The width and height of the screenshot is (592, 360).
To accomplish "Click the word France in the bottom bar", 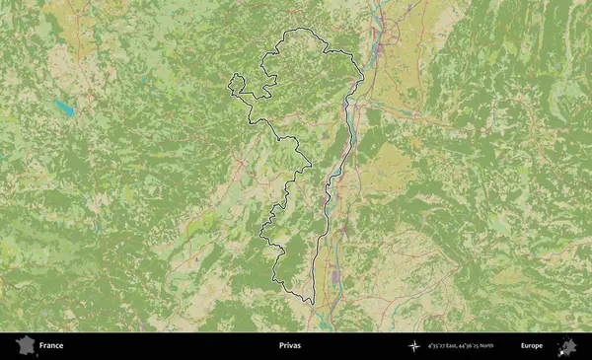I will click(51, 346).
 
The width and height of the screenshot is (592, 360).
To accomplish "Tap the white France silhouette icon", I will click(24, 346).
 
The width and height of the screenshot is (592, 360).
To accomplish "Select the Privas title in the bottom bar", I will click(290, 346).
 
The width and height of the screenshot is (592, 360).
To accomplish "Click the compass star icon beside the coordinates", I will click(412, 346).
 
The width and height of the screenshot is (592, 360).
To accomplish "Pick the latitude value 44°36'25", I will click(482, 346).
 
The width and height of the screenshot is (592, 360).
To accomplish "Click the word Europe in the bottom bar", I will click(531, 346).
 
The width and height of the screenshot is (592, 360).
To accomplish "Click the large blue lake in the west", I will click(64, 107).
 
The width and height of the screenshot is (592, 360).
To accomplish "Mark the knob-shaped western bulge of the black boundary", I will click(236, 86).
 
